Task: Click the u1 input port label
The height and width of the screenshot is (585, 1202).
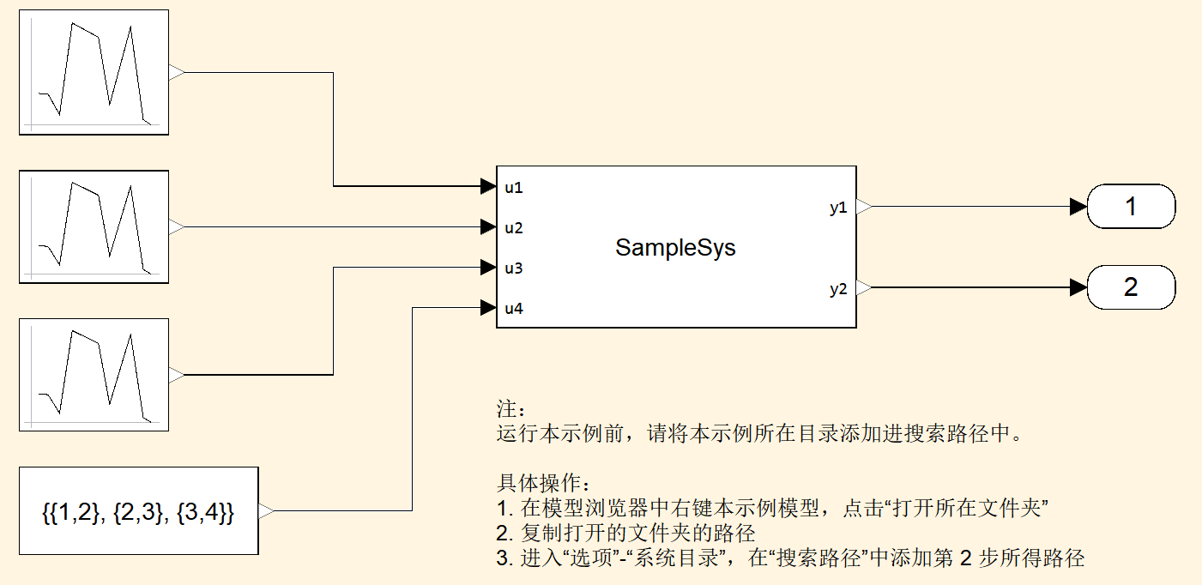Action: coord(514,187)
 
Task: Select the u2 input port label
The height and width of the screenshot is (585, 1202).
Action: coord(514,228)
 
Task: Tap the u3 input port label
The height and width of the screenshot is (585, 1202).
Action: coord(514,268)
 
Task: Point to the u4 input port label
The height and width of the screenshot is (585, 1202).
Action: coord(514,309)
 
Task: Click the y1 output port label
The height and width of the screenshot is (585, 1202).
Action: coord(838,208)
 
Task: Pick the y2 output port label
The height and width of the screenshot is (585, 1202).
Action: coord(838,289)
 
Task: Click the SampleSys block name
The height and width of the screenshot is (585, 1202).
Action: coord(675,249)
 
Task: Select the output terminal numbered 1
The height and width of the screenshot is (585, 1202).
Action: coord(1131,207)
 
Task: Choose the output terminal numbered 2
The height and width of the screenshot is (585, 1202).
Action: coord(1131,287)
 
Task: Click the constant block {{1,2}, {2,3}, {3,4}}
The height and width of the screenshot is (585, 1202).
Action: coord(138,511)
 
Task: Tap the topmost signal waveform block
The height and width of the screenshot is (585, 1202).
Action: coord(94,73)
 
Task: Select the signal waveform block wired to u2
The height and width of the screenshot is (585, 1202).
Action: coord(94,227)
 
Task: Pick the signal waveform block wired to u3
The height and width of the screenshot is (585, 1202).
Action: coord(94,375)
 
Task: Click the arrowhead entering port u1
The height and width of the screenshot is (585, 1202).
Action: coord(488,185)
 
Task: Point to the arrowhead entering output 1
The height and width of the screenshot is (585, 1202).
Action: coord(1078,207)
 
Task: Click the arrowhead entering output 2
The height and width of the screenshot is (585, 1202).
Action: coord(1078,288)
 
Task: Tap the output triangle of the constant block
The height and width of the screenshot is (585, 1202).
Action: coord(266,511)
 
